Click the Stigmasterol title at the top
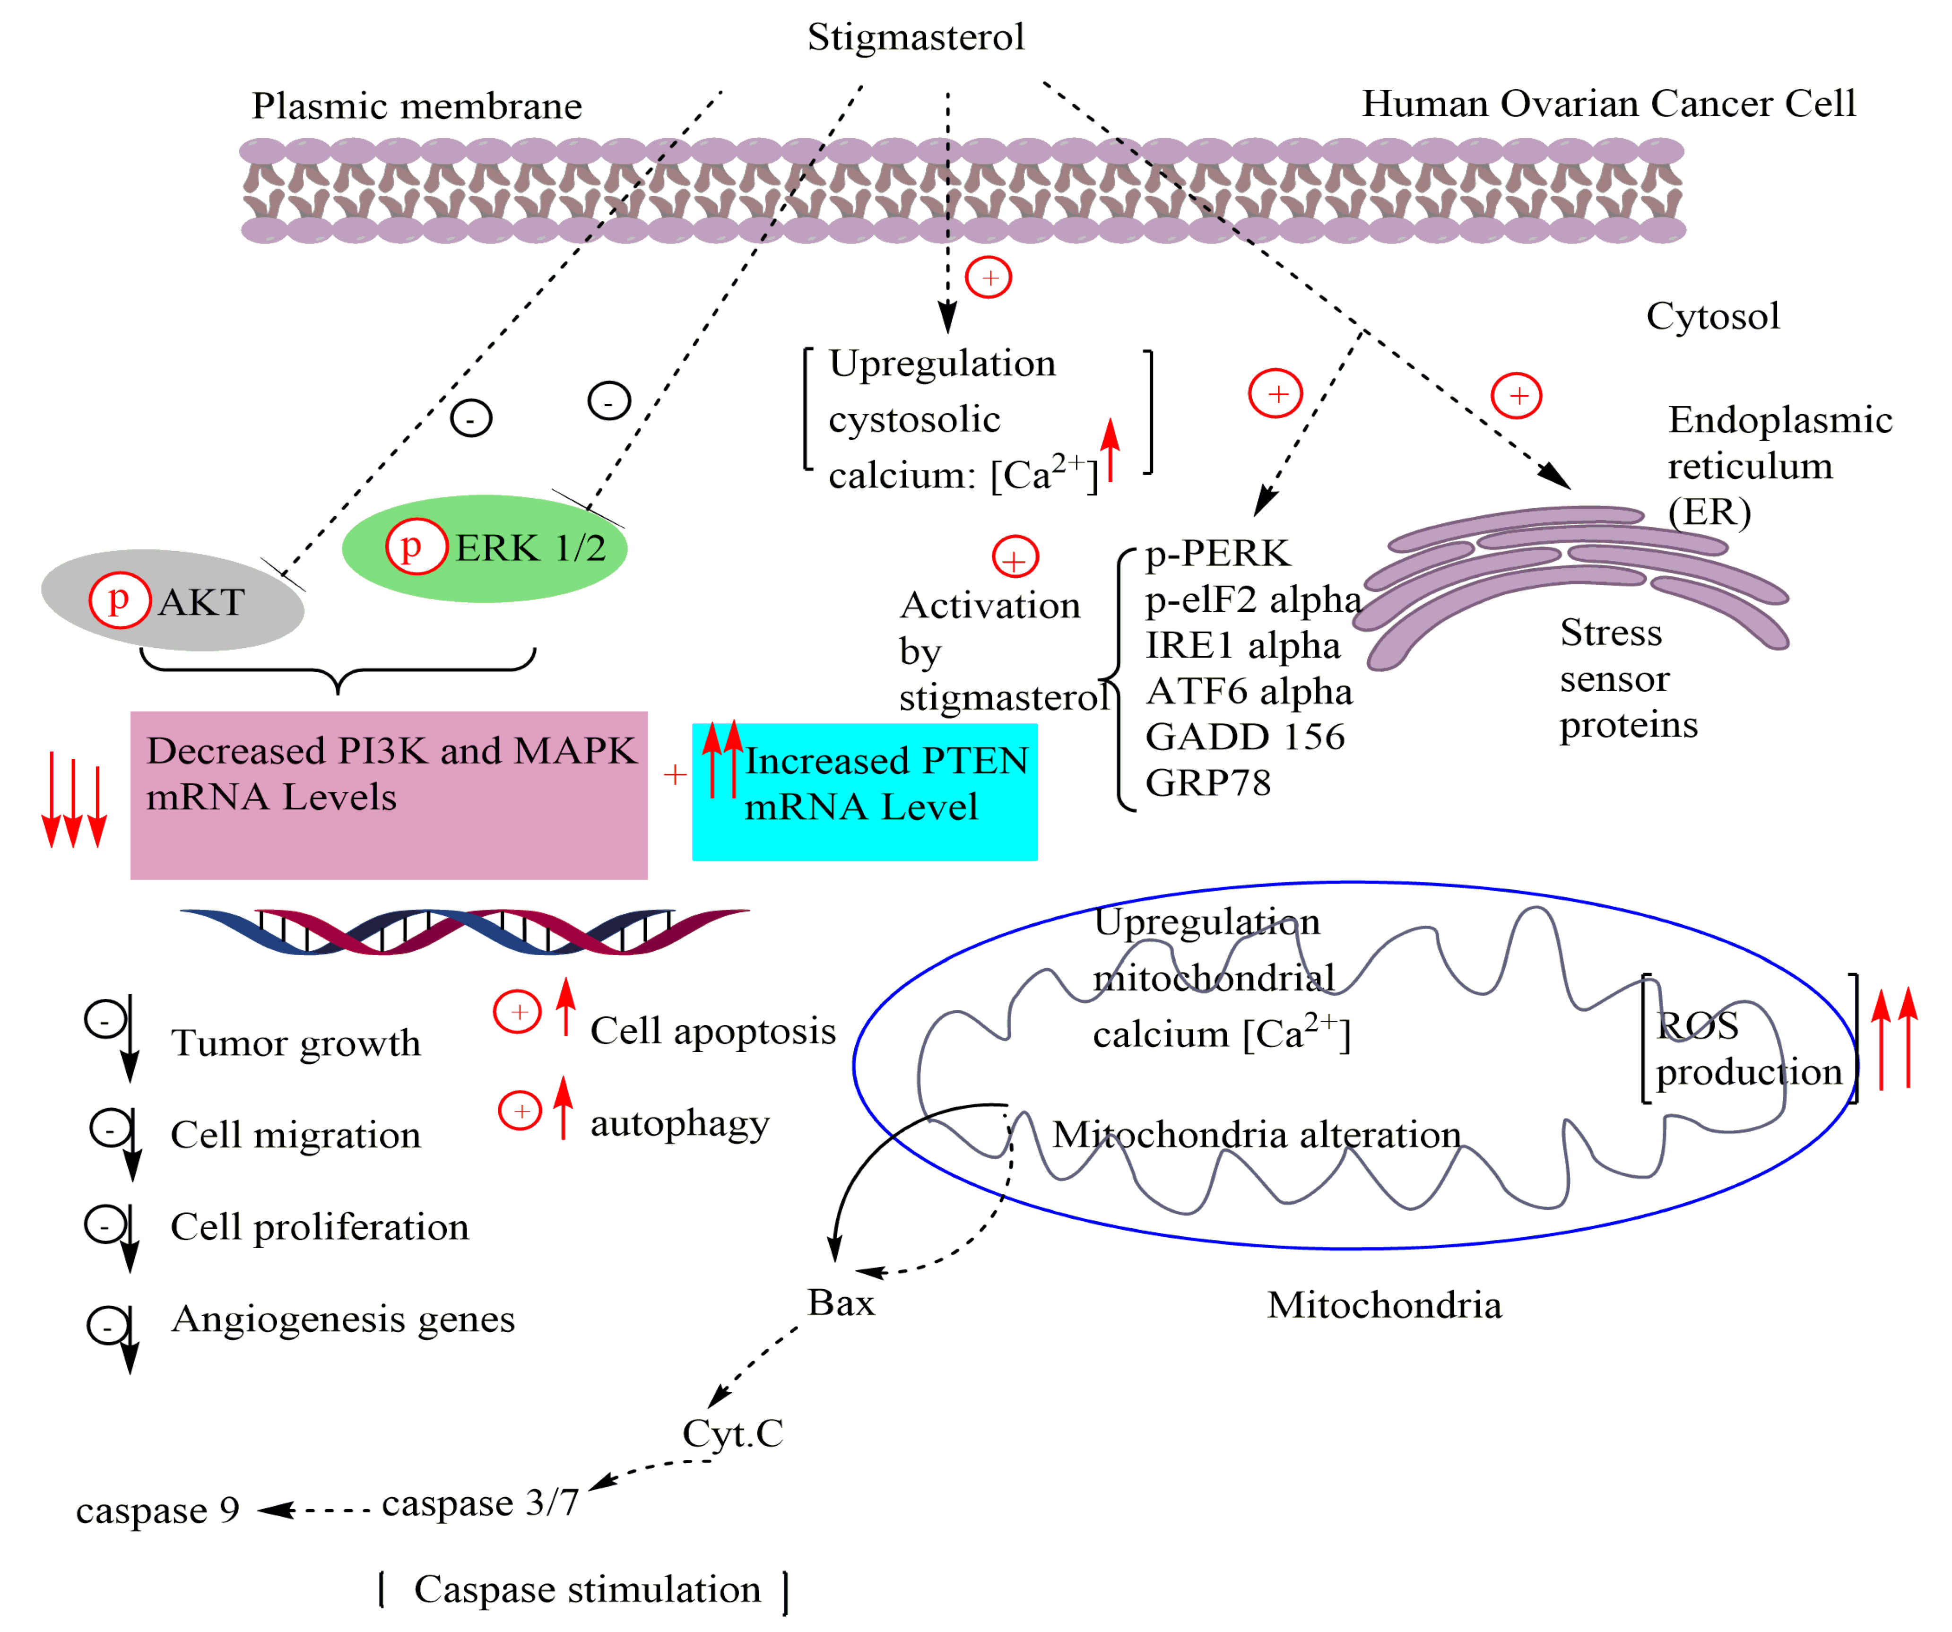tap(916, 37)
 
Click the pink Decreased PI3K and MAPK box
tap(389, 795)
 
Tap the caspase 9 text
tap(158, 1510)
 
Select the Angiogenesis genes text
tap(343, 1319)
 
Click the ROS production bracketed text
tap(1747, 1048)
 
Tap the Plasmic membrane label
tap(416, 107)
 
